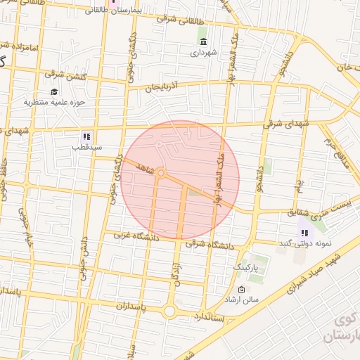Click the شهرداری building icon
pyautogui.click(x=202, y=41)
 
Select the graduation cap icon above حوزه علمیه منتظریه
pyautogui.click(x=54, y=91)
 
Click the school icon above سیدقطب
pyautogui.click(x=86, y=136)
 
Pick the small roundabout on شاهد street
pyautogui.click(x=161, y=172)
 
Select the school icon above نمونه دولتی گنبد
pyautogui.click(x=304, y=233)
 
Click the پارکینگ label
pyautogui.click(x=246, y=268)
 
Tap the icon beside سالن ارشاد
pyautogui.click(x=242, y=290)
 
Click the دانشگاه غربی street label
pyautogui.click(x=141, y=237)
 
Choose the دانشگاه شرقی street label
pyautogui.click(x=212, y=243)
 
